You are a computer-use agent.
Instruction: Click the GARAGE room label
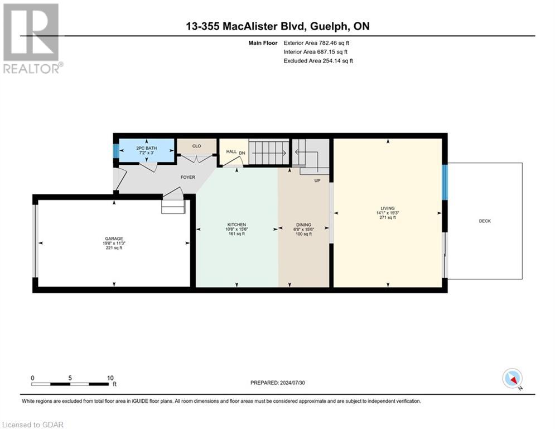pyautogui.click(x=113, y=239)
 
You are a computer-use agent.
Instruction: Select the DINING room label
pyautogui.click(x=303, y=225)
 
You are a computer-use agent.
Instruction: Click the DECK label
pyautogui.click(x=485, y=221)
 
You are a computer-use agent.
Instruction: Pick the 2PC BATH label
pyautogui.click(x=147, y=148)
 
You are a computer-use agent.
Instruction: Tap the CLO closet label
pyautogui.click(x=196, y=146)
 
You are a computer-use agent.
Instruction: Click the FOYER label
pyautogui.click(x=187, y=178)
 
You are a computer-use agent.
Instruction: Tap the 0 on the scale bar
pyautogui.click(x=33, y=378)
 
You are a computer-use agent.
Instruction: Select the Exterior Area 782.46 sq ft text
pyautogui.click(x=317, y=42)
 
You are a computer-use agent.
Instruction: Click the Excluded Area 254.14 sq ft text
pyautogui.click(x=318, y=61)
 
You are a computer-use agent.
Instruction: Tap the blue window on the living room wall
pyautogui.click(x=445, y=182)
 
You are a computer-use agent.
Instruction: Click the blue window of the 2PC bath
pyautogui.click(x=115, y=151)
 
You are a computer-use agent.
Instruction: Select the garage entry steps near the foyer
pyautogui.click(x=172, y=207)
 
